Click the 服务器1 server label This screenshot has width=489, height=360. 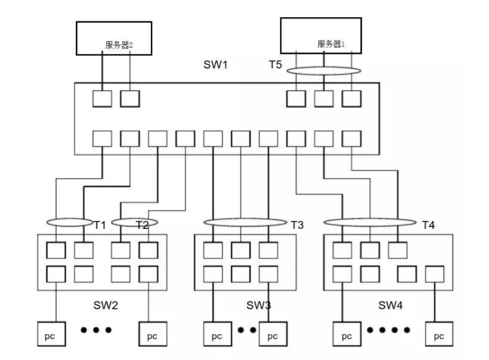[x=331, y=44]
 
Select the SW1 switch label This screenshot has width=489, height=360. [x=216, y=64]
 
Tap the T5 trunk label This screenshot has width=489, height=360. [x=275, y=64]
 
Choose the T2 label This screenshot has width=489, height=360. [x=142, y=225]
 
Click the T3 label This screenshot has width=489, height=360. [x=297, y=225]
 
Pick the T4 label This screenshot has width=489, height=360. [x=428, y=225]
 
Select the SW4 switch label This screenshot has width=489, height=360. [x=391, y=306]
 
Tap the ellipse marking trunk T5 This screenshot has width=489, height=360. [x=324, y=71]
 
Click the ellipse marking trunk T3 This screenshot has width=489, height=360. [x=244, y=223]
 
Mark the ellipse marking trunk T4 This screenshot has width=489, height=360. [x=370, y=223]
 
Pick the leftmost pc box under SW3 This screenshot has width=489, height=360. [x=216, y=336]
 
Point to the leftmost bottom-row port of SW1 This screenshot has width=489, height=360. [x=102, y=139]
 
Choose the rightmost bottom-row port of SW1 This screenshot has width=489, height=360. [x=352, y=139]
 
